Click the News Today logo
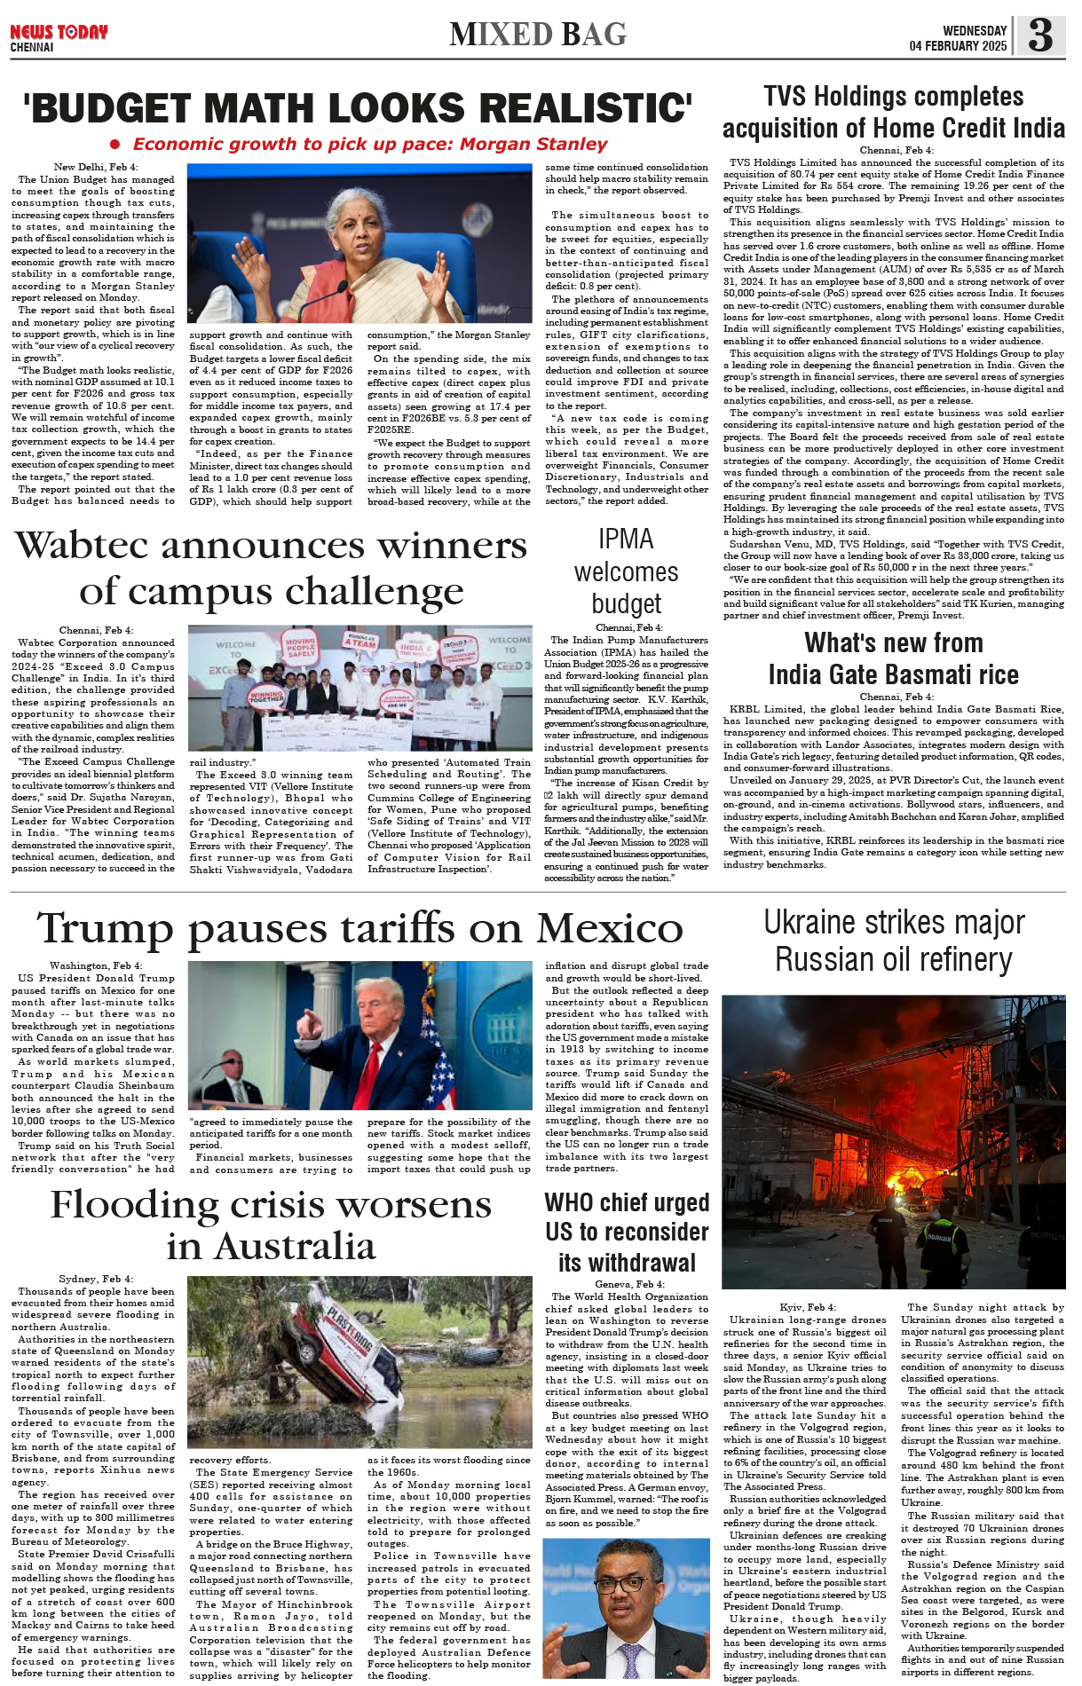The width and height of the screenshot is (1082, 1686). click(59, 36)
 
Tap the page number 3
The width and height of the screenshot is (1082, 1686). click(1040, 35)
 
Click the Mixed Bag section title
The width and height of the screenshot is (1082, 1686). click(538, 35)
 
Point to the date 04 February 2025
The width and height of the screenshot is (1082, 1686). click(958, 46)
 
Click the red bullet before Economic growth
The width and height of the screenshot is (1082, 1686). click(115, 144)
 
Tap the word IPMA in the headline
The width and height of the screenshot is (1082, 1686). click(626, 540)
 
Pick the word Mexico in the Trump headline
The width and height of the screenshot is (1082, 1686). click(610, 929)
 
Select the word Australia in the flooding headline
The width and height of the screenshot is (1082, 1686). click(272, 1247)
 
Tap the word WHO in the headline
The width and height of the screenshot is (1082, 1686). click(569, 1203)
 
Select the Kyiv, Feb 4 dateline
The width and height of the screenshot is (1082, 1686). click(807, 1307)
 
